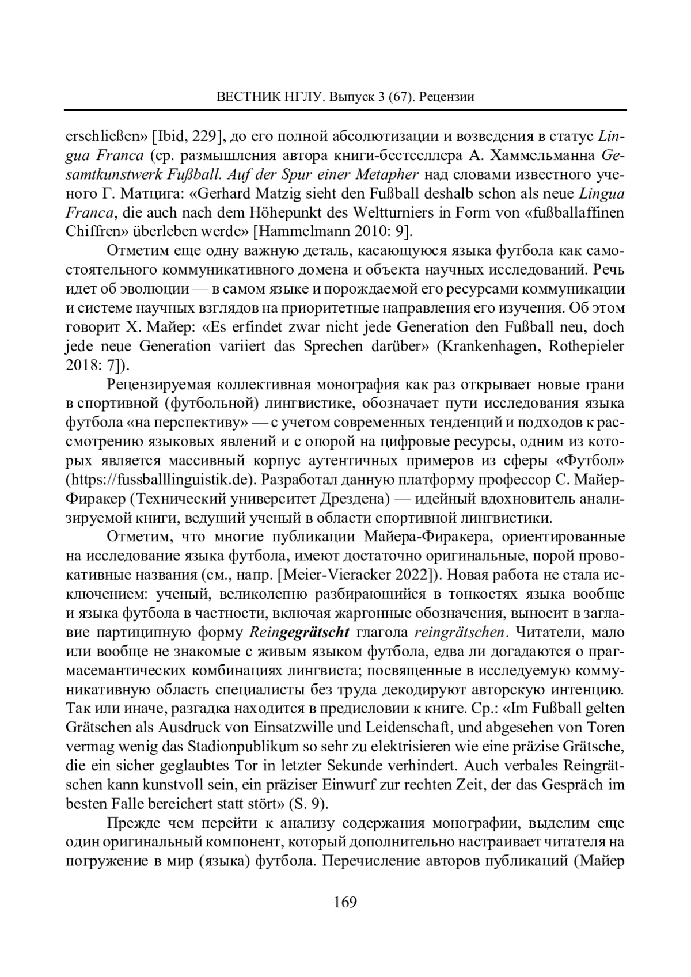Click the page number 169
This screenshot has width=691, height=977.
pyautogui.click(x=345, y=902)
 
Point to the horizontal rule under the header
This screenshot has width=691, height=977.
pyautogui.click(x=345, y=109)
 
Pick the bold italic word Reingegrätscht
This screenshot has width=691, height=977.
pyautogui.click(x=300, y=632)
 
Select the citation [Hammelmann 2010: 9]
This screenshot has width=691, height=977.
pyautogui.click(x=334, y=231)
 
